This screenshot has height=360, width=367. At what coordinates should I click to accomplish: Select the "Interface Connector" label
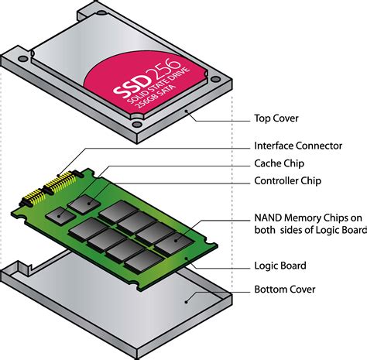pos(299,146)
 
